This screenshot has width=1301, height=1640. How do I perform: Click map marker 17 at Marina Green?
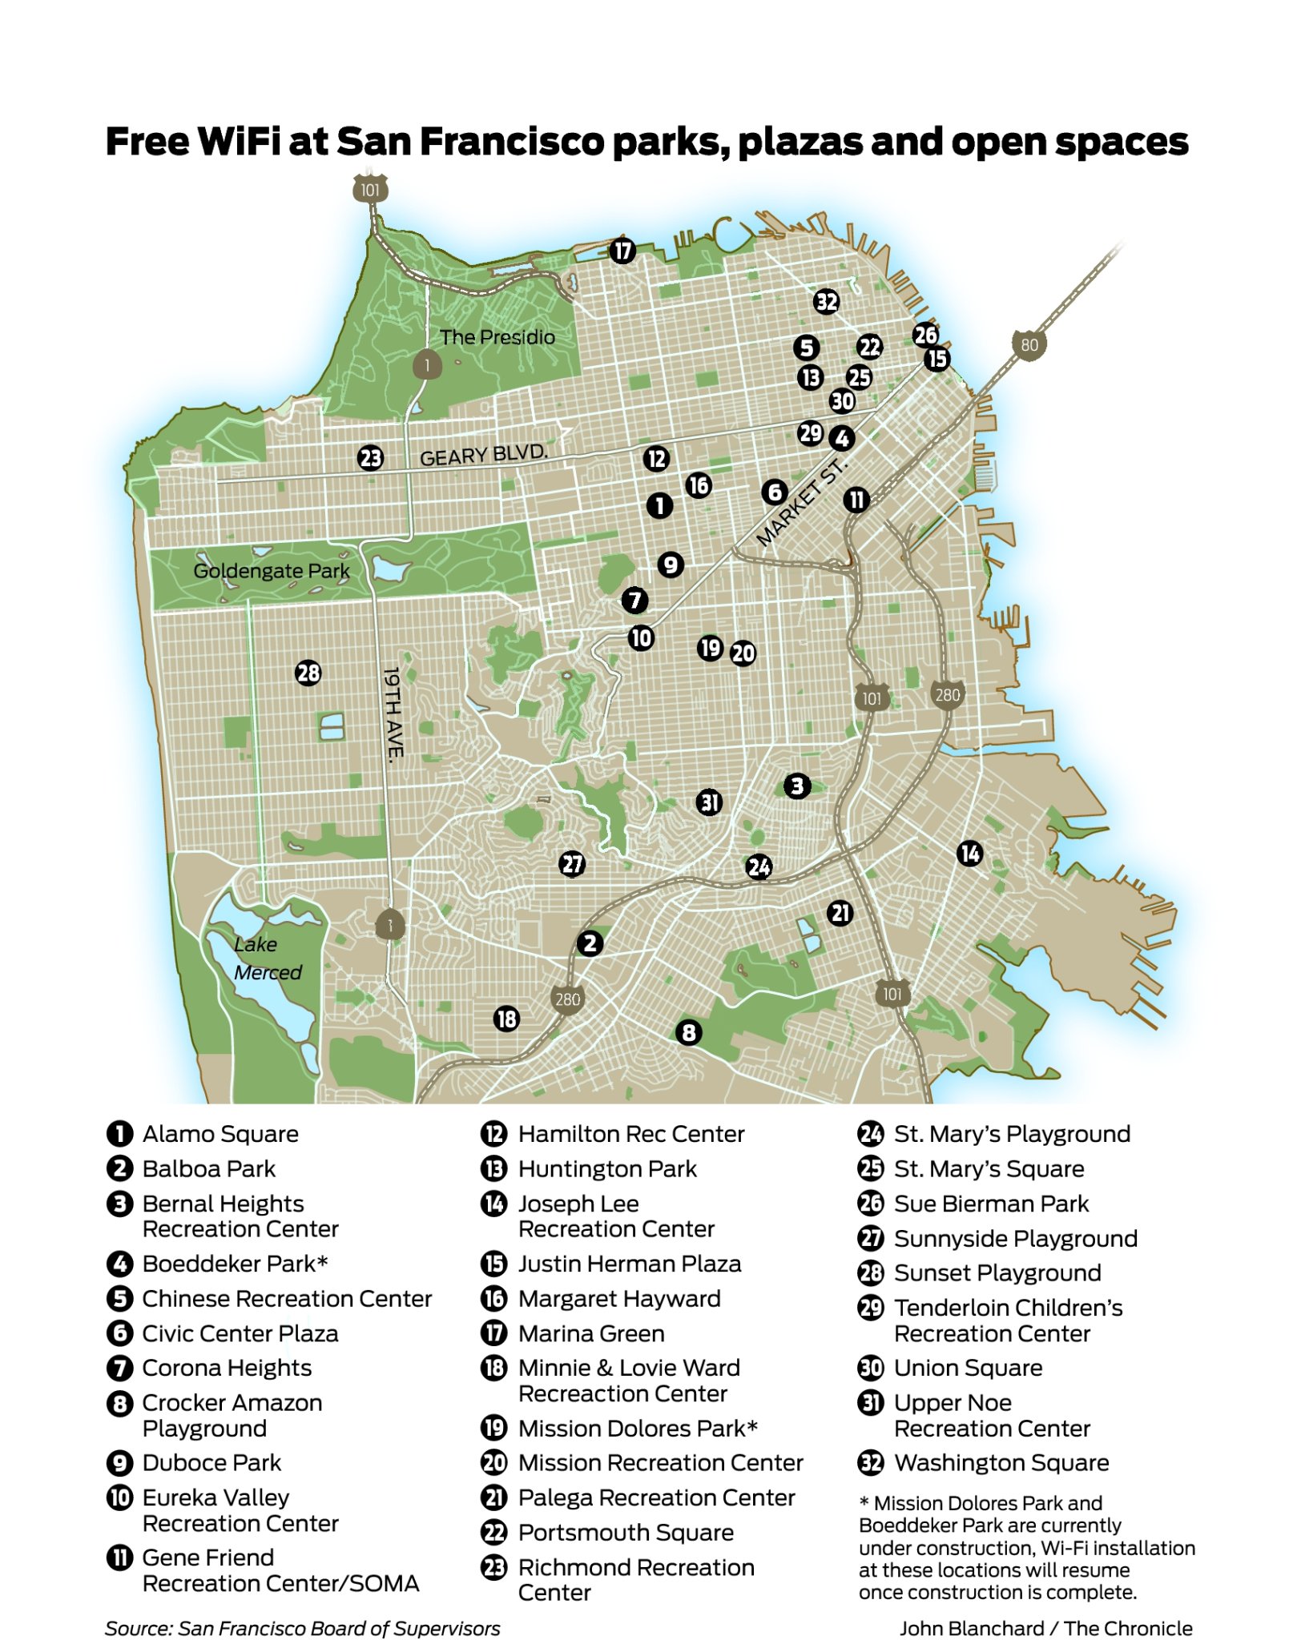(x=622, y=251)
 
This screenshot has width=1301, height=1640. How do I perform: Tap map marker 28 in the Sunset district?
(x=308, y=673)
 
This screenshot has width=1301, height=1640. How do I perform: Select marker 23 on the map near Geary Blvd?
(x=370, y=458)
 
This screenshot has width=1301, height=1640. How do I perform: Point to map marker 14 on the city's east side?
(x=969, y=854)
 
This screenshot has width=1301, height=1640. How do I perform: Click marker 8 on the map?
(x=688, y=1032)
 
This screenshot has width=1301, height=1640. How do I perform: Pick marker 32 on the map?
(x=826, y=302)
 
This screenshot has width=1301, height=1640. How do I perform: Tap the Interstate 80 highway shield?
(x=1029, y=345)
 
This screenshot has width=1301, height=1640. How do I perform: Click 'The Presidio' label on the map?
(x=497, y=337)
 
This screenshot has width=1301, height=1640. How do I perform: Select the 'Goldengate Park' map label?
(x=271, y=571)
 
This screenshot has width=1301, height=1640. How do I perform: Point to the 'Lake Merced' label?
(x=267, y=959)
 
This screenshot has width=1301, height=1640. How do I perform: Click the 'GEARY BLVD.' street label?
(x=484, y=455)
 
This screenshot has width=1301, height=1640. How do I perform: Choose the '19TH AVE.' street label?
(x=393, y=713)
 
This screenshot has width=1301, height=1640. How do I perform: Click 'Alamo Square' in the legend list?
(x=220, y=1134)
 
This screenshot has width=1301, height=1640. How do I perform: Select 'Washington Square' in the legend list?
(x=1001, y=1463)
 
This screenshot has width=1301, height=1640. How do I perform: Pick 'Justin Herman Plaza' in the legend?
(x=630, y=1264)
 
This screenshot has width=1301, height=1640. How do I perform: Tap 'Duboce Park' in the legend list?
(x=211, y=1463)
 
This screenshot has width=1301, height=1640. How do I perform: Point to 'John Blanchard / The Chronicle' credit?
(x=1045, y=1628)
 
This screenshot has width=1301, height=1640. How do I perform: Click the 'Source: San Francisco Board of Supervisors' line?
(x=302, y=1628)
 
